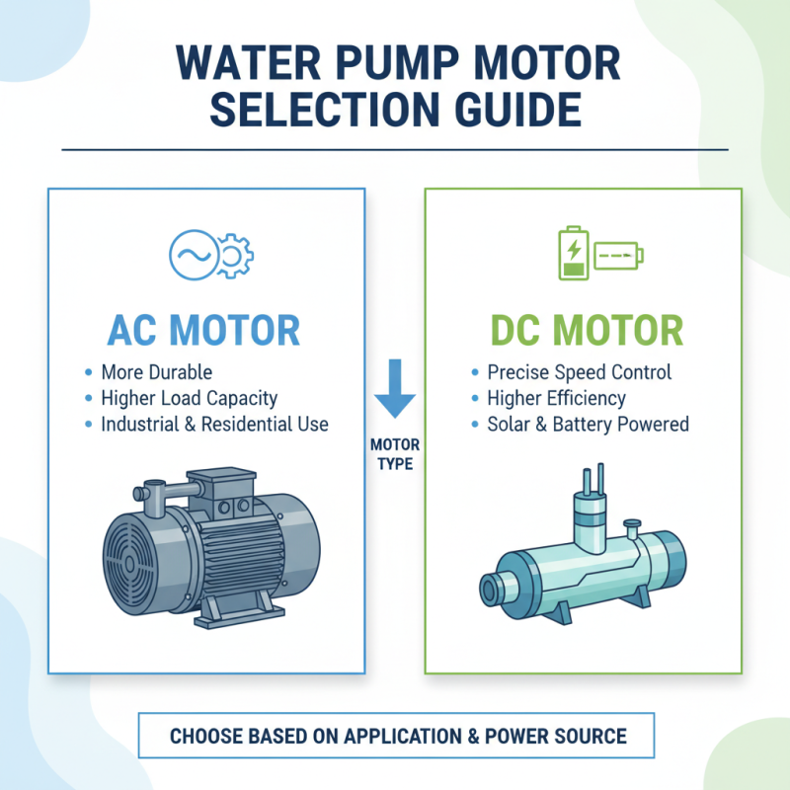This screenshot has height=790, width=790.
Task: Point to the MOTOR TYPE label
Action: [x=395, y=453]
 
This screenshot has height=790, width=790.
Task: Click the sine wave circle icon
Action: [x=190, y=255]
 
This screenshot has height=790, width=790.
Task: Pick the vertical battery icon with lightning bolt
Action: [x=571, y=255]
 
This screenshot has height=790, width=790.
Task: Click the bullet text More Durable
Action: [x=156, y=373]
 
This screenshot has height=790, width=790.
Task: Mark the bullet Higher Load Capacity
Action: [x=189, y=399]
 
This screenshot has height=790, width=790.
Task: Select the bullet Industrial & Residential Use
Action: [x=214, y=425]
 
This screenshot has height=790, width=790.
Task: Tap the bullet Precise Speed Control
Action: [x=579, y=373]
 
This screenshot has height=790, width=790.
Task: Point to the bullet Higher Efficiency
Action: [x=556, y=399]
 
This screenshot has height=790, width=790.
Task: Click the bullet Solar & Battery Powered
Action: [x=588, y=425]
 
